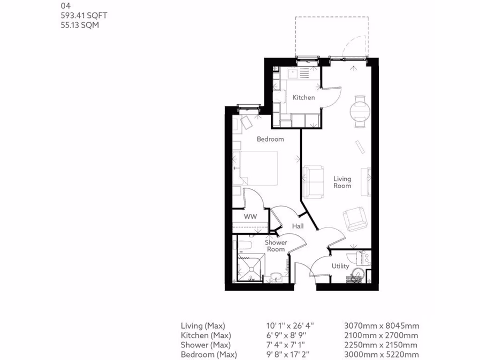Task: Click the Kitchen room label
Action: pos(303,97)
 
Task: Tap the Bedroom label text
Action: pos(270,139)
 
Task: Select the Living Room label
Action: pos(342,182)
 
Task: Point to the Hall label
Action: pos(298,226)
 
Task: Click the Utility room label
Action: pos(340,266)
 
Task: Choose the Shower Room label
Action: pos(276,246)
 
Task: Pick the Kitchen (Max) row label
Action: pos(206,336)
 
